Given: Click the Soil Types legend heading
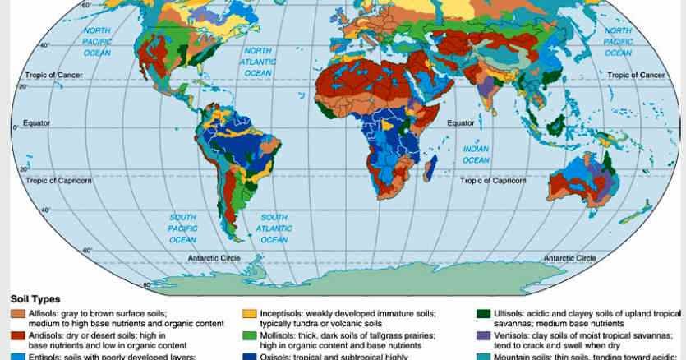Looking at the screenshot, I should (35, 300).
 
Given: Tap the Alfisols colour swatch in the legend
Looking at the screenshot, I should (17, 313).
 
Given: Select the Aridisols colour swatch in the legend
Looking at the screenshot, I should (17, 335).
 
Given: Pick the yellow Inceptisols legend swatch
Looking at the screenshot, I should (250, 313).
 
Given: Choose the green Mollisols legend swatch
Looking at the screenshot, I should (250, 335).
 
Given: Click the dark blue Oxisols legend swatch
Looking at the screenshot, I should (250, 356).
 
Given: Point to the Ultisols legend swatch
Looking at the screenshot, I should (483, 313).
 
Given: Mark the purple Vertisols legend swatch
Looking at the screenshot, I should (483, 335).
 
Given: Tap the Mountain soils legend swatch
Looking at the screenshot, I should (483, 356).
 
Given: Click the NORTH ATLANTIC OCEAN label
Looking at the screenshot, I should (257, 62).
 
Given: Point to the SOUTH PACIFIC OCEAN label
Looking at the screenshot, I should (182, 228).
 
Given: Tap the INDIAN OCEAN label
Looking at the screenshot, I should (476, 155).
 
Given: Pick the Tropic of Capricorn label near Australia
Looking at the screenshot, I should (493, 180).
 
